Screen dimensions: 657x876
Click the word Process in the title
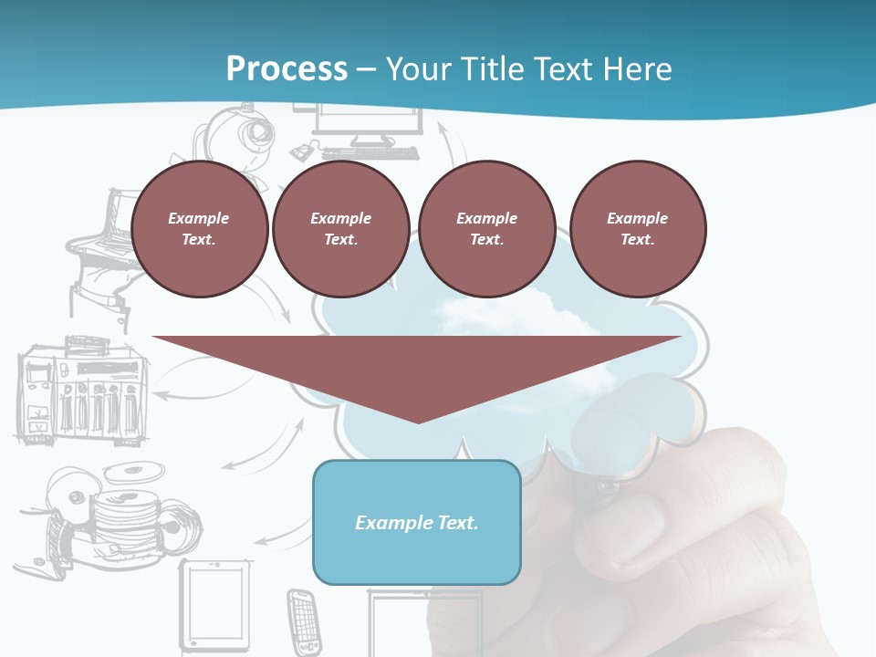[x=287, y=69]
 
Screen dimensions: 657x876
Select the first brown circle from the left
[x=199, y=229]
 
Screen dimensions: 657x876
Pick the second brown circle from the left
[x=340, y=229]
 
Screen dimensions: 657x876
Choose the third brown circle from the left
[x=486, y=229]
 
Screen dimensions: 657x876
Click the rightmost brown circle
[x=637, y=229]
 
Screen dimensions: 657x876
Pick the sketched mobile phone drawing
[x=303, y=621]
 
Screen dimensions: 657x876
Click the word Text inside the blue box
[x=456, y=523]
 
